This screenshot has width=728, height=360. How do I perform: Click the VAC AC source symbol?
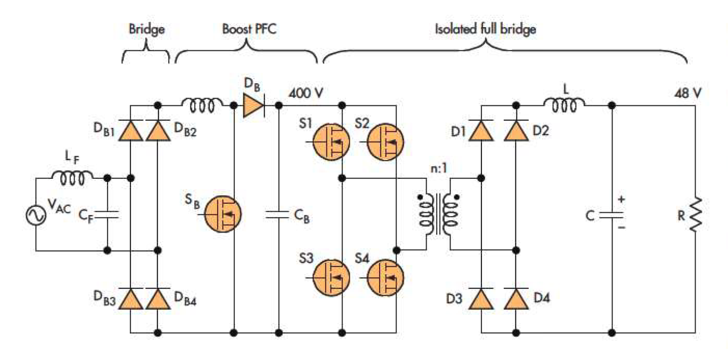pyautogui.click(x=36, y=215)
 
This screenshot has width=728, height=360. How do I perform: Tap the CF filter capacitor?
pyautogui.click(x=107, y=215)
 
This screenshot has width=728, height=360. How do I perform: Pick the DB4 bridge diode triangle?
pyautogui.click(x=158, y=299)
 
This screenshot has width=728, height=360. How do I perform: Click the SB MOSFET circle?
pyautogui.click(x=223, y=214)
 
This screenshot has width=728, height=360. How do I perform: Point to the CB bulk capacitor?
pyautogui.click(x=278, y=215)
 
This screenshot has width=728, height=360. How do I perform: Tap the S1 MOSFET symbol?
pyautogui.click(x=331, y=142)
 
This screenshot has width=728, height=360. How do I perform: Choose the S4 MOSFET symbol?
pyautogui.click(x=385, y=278)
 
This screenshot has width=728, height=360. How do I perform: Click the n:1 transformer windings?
pyautogui.click(x=439, y=214)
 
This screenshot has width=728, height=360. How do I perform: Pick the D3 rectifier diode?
pyautogui.click(x=481, y=299)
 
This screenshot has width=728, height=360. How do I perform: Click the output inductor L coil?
pyautogui.click(x=564, y=105)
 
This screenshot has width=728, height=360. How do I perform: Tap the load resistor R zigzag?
pyautogui.click(x=695, y=214)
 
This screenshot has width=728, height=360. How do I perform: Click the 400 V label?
pyautogui.click(x=306, y=93)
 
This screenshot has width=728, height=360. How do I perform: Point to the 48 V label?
pyautogui.click(x=687, y=93)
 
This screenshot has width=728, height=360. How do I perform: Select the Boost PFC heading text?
pyautogui.click(x=249, y=29)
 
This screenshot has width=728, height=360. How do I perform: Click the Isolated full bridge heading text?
pyautogui.click(x=485, y=29)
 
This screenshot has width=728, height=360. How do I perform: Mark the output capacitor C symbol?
pyautogui.click(x=611, y=215)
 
